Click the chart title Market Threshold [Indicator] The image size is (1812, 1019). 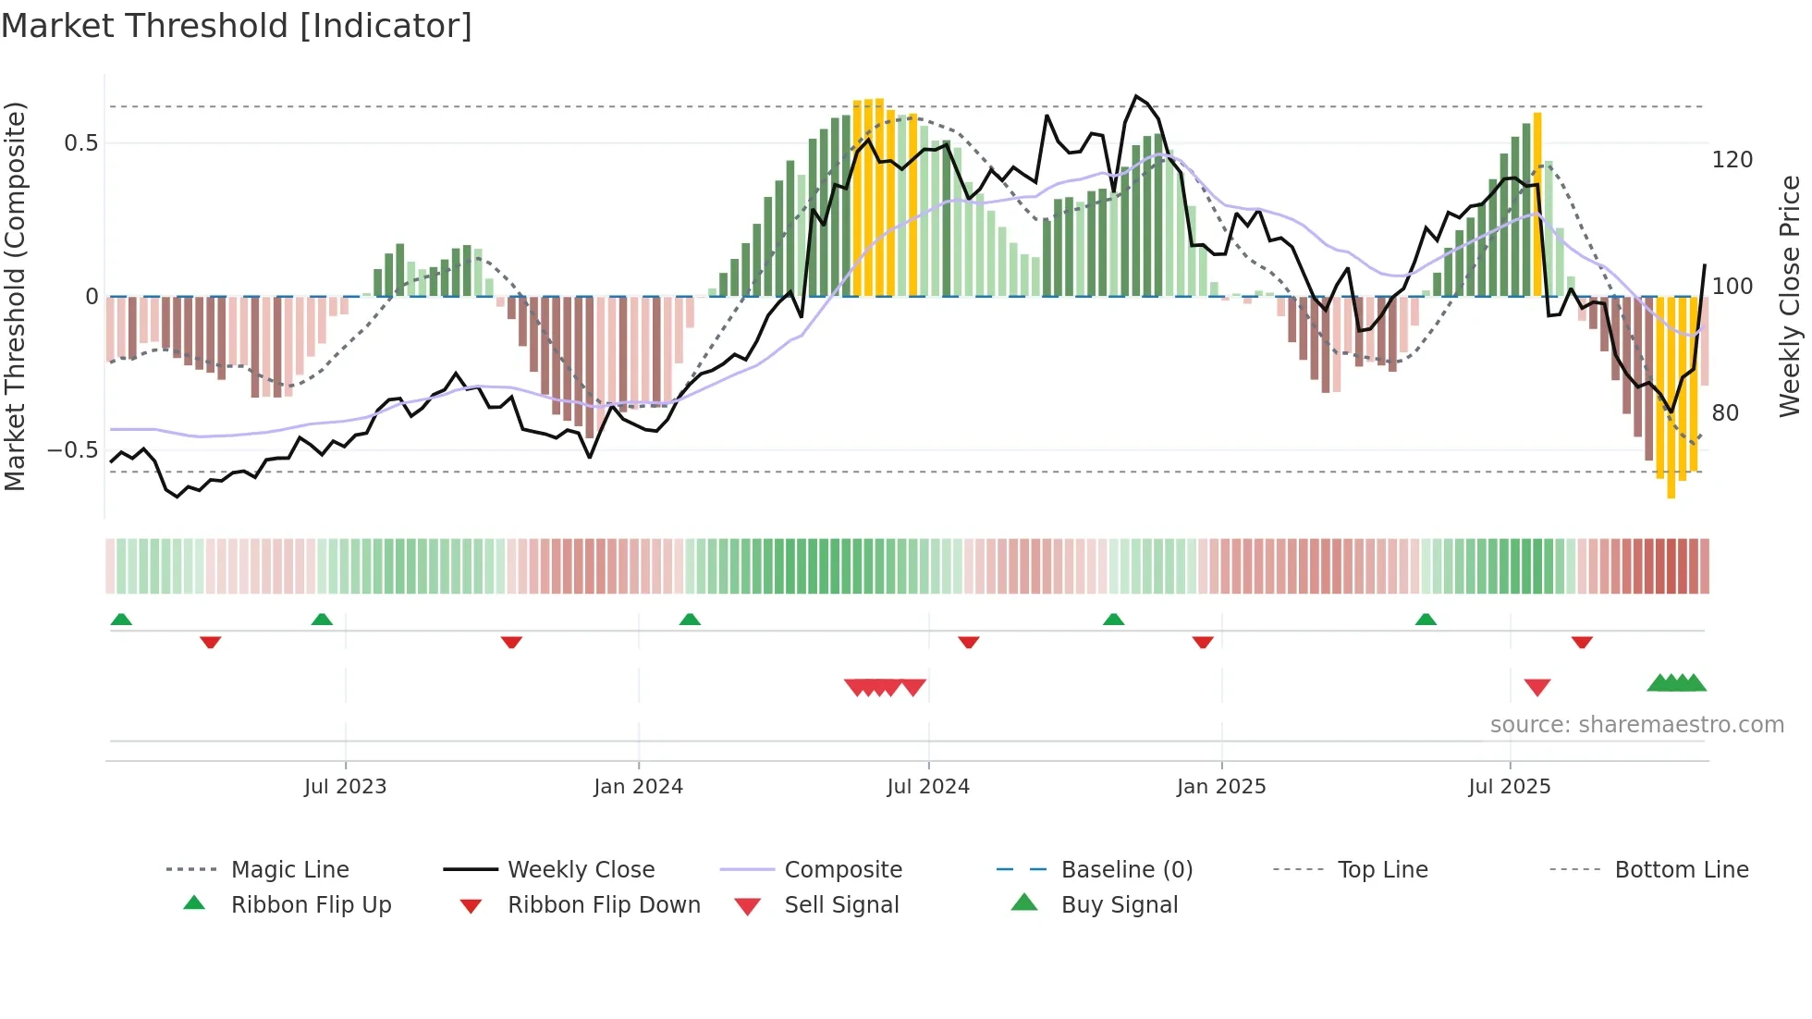click(x=237, y=26)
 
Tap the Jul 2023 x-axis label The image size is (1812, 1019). click(x=345, y=787)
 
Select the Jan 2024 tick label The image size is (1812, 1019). click(x=638, y=787)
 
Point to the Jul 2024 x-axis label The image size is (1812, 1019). click(x=928, y=787)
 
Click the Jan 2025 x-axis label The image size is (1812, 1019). click(x=1221, y=787)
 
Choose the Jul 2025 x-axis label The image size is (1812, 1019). click(x=1510, y=787)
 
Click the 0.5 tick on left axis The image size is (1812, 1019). click(x=81, y=143)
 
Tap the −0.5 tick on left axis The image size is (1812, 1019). click(x=73, y=450)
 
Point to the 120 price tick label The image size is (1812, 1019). click(x=1732, y=160)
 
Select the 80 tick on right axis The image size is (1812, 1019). click(x=1725, y=413)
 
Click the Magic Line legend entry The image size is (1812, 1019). click(x=289, y=870)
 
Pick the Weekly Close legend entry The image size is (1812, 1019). click(x=581, y=870)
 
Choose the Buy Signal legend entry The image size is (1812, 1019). click(x=1119, y=905)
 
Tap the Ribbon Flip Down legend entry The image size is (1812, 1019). click(x=604, y=905)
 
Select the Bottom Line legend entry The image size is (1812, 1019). click(x=1681, y=870)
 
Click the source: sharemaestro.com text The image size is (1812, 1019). click(x=1636, y=725)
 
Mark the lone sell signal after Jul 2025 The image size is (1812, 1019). click(x=1537, y=687)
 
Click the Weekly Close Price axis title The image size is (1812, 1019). click(x=1790, y=296)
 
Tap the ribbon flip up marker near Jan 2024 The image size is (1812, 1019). click(x=690, y=620)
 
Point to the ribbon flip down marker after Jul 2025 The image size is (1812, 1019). click(x=1582, y=642)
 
